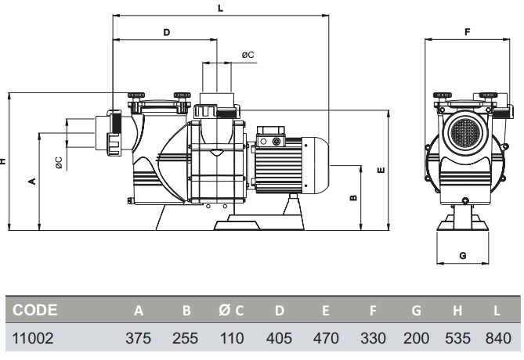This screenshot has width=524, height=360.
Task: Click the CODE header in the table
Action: tap(34, 310)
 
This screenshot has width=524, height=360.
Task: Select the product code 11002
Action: tap(32, 338)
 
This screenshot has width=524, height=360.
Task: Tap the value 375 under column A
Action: tap(138, 338)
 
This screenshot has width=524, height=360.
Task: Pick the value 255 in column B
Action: tap(185, 338)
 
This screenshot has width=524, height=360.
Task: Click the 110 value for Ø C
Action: tap(232, 338)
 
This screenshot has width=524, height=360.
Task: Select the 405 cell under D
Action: tap(279, 338)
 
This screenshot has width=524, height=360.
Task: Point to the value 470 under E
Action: tap(326, 338)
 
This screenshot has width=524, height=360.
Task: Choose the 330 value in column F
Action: tap(373, 338)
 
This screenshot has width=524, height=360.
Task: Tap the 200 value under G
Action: tap(416, 338)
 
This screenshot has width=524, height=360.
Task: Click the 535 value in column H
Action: tap(457, 338)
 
